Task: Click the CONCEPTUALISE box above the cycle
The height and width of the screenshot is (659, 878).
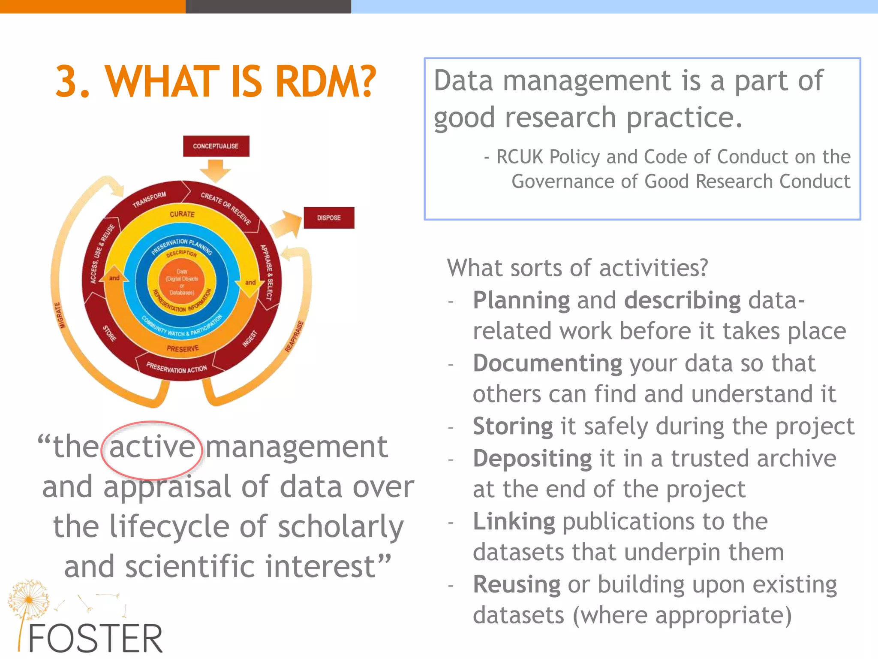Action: click(x=216, y=146)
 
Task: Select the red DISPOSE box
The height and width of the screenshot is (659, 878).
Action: click(x=329, y=218)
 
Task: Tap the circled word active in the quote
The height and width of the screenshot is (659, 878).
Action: click(x=152, y=447)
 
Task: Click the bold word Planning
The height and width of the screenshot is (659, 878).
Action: click(x=521, y=300)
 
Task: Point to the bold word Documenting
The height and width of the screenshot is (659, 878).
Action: click(x=547, y=363)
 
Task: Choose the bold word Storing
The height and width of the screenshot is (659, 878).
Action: click(x=513, y=426)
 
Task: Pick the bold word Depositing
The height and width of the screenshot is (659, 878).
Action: click(x=532, y=459)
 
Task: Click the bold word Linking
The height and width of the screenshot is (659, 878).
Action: click(x=514, y=521)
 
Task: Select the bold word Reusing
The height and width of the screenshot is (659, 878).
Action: click(x=517, y=584)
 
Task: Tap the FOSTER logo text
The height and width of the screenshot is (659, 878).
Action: click(x=95, y=638)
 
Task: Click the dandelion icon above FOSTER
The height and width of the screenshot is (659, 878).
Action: click(x=28, y=599)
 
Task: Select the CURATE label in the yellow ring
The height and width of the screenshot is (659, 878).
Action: click(x=182, y=214)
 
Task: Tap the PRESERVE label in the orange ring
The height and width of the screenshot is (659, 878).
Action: click(x=183, y=349)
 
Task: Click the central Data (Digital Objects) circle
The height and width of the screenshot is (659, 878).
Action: click(x=182, y=282)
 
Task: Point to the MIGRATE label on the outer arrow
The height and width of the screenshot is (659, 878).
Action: click(x=60, y=315)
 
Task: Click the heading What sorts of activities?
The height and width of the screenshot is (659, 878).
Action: click(x=577, y=268)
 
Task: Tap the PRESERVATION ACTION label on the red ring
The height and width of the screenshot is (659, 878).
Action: click(x=177, y=368)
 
